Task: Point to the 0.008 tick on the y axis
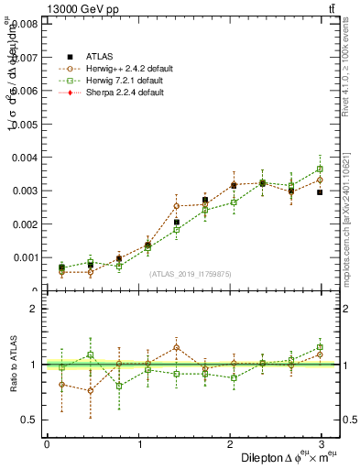(25, 24)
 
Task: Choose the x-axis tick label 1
(139, 444)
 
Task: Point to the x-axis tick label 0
(47, 444)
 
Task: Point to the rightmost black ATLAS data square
(320, 192)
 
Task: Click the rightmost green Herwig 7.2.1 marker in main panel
(320, 169)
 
